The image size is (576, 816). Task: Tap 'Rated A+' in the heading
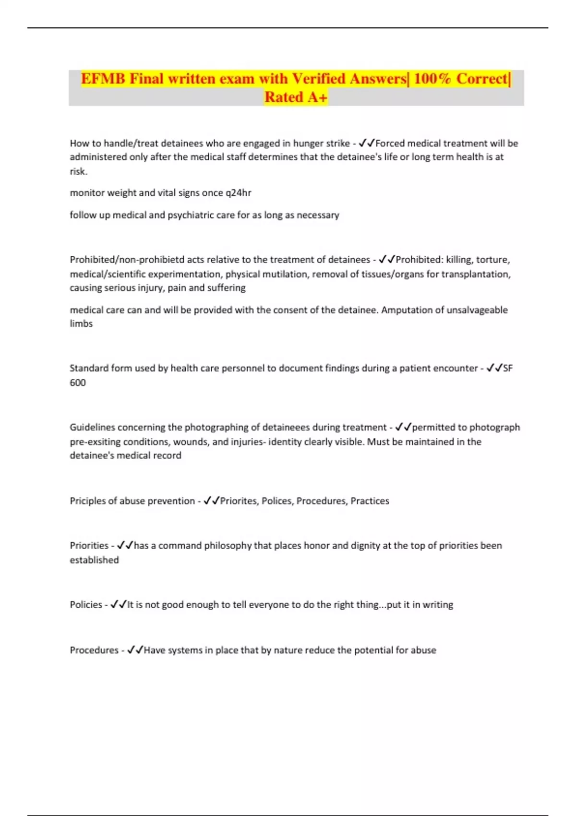tap(296, 97)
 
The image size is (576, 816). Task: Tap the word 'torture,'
tap(492, 260)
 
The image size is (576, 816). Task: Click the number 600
tap(78, 383)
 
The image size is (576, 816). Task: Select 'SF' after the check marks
tap(508, 368)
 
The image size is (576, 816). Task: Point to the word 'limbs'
tap(81, 324)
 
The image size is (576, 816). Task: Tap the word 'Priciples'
tap(88, 501)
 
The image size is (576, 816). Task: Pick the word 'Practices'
tap(370, 501)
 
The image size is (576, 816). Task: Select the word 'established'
tap(94, 560)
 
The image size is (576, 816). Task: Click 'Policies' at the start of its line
tap(86, 605)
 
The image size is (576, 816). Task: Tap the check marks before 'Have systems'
tap(135, 650)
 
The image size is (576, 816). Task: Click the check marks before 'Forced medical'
tap(367, 144)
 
